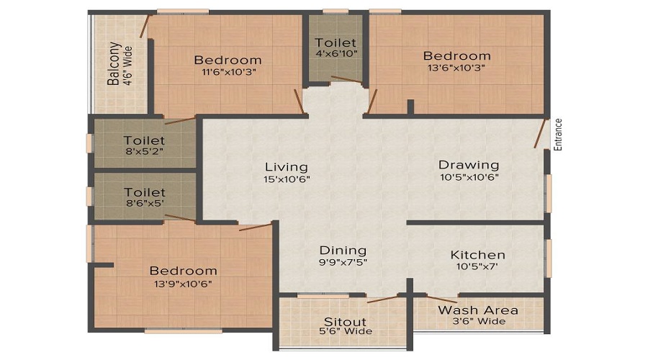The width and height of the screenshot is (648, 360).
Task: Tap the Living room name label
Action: pos(286,167)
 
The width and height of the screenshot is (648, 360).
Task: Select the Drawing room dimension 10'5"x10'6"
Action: pos(469,177)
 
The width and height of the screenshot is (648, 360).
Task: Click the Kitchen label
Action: pos(477,255)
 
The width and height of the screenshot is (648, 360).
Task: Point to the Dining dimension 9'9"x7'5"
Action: pos(343,263)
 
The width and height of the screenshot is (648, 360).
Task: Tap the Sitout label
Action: pos(344,322)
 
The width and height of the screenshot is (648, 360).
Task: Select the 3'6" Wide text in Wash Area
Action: pos(478,321)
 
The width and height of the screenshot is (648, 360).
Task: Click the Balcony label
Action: pos(114,64)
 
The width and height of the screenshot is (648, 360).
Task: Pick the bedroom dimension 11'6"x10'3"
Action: pos(228,71)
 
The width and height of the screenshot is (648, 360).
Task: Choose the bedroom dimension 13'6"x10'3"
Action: pos(456,68)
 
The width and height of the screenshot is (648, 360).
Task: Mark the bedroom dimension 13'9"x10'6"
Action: pos(183,283)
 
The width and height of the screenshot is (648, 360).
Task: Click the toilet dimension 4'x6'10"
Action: pos(335,54)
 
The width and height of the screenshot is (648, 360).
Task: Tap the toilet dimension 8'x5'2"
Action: pos(144,152)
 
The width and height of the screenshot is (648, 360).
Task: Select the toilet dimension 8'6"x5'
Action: pos(144,204)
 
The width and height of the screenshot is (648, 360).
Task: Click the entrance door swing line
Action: pos(540,134)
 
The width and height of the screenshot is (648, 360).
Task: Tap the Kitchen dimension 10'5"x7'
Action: pos(477,266)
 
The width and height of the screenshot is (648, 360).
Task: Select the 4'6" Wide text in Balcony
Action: pos(128,66)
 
